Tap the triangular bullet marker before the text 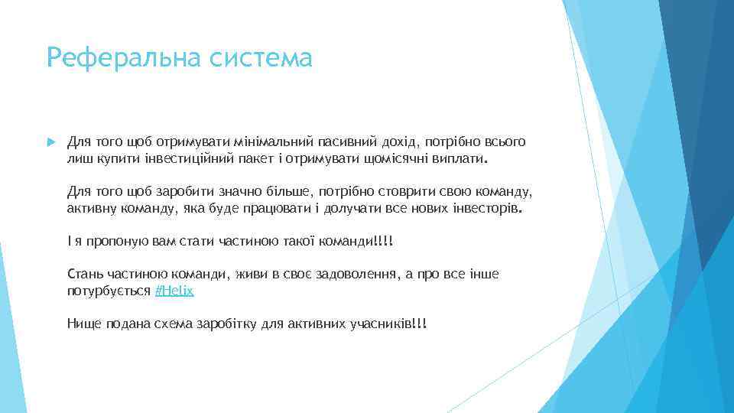[51, 143]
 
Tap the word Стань [83, 274]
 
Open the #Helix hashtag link [174, 292]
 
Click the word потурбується [109, 292]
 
